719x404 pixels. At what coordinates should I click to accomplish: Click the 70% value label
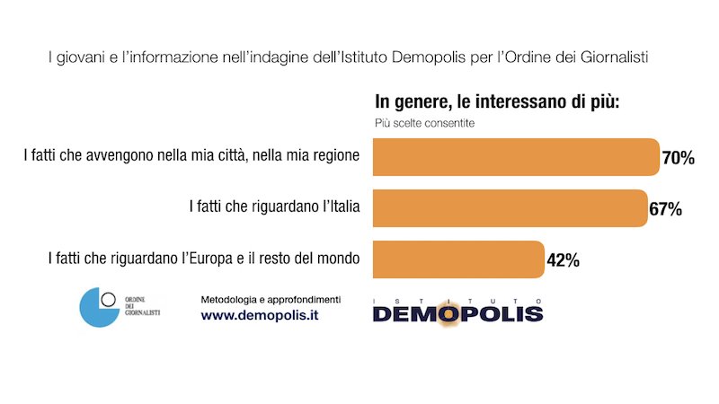(679, 158)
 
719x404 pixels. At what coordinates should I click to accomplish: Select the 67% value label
(665, 209)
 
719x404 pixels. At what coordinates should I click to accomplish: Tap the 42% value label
(563, 260)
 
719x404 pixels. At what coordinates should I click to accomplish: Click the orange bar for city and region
(516, 157)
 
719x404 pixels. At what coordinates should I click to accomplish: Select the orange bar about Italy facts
(510, 208)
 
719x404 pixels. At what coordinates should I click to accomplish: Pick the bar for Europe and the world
(458, 259)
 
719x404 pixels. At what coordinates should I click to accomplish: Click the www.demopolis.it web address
(260, 315)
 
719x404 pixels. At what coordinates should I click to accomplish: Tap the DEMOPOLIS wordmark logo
(457, 312)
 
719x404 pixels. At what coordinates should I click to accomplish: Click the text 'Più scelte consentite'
(425, 123)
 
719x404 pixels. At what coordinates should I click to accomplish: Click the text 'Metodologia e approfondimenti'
(271, 298)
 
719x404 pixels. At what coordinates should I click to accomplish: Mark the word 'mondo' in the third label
(337, 259)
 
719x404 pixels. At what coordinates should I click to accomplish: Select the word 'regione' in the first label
(333, 155)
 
